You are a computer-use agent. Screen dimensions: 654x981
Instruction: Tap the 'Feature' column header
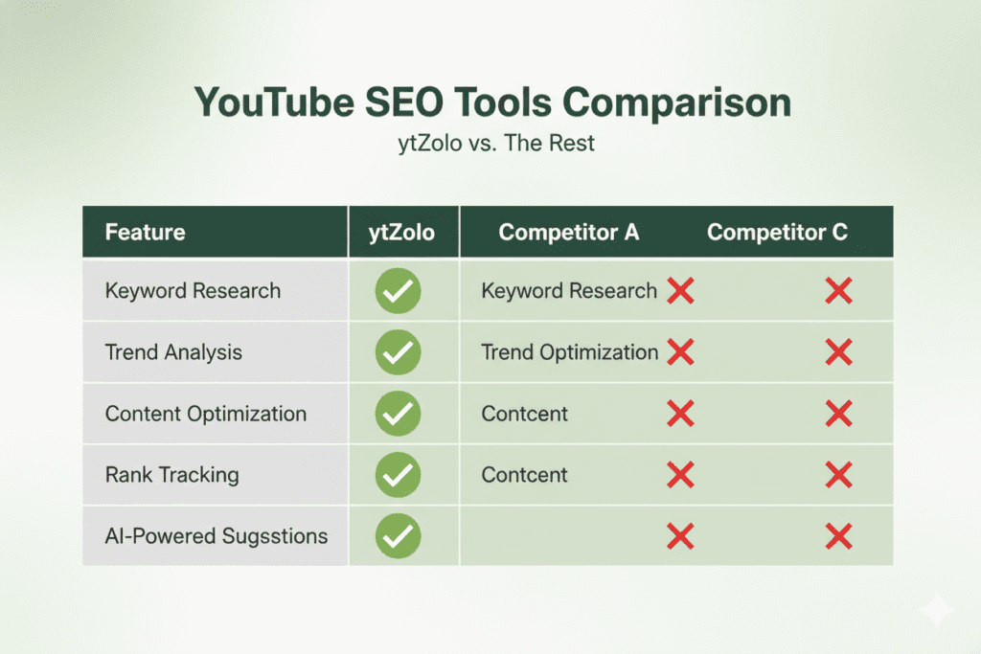click(145, 232)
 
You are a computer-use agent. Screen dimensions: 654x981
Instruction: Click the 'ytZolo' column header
click(403, 232)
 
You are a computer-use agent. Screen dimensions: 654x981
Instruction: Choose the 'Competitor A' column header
click(569, 232)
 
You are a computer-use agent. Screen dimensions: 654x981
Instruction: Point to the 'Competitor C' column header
click(777, 232)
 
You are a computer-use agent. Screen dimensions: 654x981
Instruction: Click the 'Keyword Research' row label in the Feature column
click(193, 291)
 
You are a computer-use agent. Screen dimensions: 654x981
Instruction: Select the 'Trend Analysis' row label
click(173, 352)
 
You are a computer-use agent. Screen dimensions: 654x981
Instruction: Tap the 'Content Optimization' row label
click(206, 414)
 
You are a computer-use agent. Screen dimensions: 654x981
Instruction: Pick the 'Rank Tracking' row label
click(171, 474)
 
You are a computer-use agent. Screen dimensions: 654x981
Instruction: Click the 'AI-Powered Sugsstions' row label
click(217, 535)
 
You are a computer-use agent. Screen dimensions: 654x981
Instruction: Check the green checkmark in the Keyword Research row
click(399, 291)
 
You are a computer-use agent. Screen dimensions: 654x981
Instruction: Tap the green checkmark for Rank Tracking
click(399, 474)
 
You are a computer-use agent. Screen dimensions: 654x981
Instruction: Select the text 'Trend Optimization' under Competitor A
click(569, 352)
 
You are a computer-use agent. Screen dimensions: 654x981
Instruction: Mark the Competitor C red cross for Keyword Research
click(838, 291)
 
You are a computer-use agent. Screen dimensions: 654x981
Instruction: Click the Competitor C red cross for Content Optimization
click(838, 414)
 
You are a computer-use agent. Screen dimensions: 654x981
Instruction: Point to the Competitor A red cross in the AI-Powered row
click(680, 535)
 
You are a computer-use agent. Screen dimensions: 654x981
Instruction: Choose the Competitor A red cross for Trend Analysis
click(680, 352)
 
